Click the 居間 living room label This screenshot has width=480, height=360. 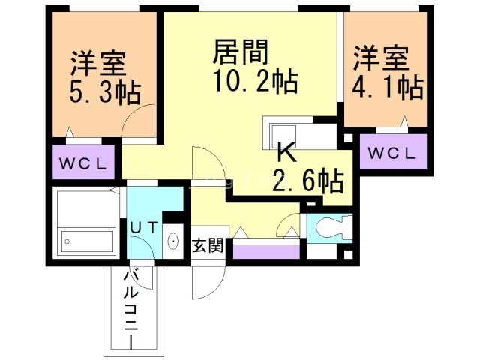240,52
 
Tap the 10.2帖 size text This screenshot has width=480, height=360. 256,81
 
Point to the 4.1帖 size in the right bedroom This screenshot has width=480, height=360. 388,87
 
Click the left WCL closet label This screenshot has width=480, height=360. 83,164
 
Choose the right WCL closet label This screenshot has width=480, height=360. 391,153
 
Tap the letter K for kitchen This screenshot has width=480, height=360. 286,152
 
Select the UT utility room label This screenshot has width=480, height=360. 144,227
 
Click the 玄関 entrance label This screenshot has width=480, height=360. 208,245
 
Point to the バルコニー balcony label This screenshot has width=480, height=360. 131,309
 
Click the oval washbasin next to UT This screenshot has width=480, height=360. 173,241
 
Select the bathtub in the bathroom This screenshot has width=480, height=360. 87,240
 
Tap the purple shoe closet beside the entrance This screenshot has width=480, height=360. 266,252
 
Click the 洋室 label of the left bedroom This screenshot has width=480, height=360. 98,64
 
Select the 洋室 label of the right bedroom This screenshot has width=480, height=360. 381,58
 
